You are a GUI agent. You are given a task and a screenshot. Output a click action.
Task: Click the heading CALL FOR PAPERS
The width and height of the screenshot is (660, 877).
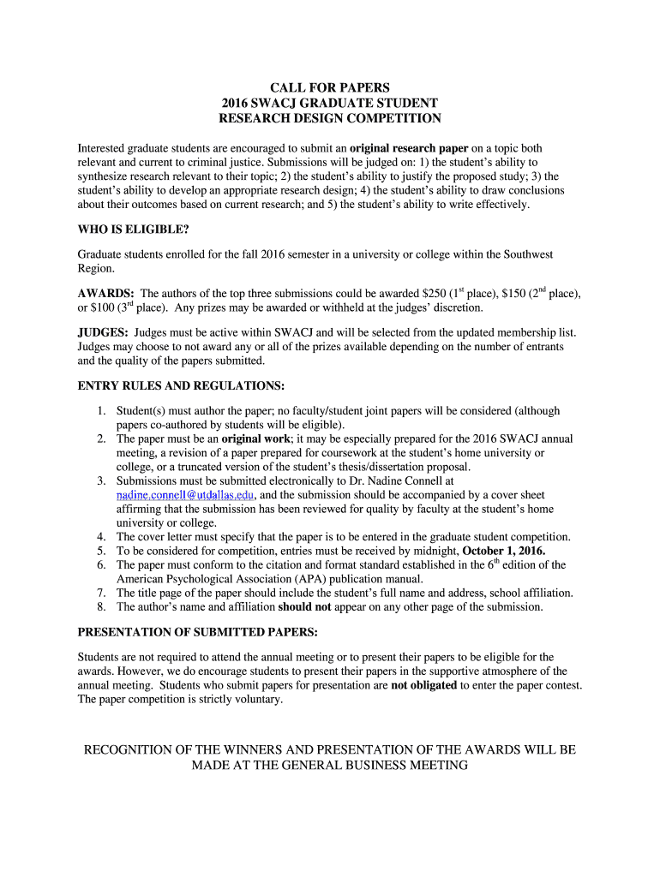330,87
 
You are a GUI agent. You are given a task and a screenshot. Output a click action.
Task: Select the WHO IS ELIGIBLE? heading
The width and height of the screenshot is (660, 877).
133,230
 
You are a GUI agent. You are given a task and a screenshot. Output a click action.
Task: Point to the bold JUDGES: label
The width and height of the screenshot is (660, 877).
103,332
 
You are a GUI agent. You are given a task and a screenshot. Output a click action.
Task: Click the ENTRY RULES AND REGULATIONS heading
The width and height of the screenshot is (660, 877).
181,385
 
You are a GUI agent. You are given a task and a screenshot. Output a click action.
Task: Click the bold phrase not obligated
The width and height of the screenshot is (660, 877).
423,685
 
